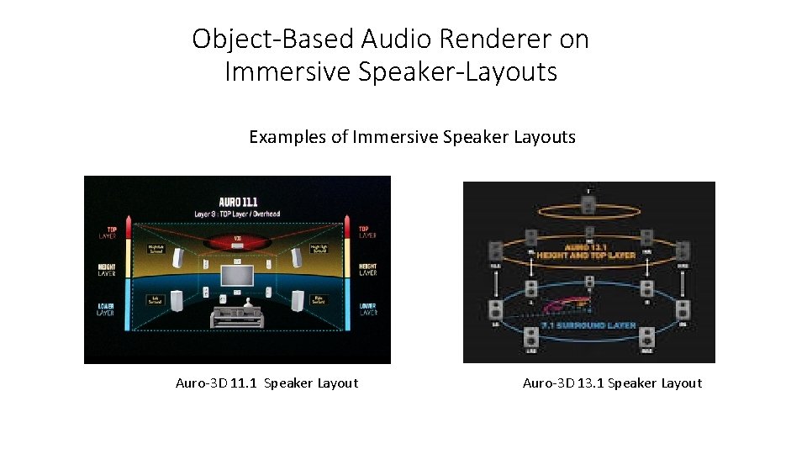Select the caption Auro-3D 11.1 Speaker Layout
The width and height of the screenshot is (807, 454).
coord(266,383)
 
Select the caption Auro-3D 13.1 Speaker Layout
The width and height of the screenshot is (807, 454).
coord(612,383)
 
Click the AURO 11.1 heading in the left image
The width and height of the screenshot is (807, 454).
coord(237,203)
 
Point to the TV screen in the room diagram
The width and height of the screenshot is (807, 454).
coord(236,275)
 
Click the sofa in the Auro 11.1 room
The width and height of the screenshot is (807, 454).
coord(236,317)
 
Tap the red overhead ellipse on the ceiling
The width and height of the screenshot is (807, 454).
coord(236,242)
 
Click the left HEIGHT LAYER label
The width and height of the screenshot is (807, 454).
coord(106,270)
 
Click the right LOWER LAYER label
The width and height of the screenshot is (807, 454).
coord(367,309)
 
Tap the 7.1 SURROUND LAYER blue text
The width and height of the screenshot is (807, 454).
coord(588,324)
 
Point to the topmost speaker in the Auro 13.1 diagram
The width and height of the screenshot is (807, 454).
coord(588,203)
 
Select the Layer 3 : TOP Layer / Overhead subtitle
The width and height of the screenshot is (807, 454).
coord(237,214)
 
